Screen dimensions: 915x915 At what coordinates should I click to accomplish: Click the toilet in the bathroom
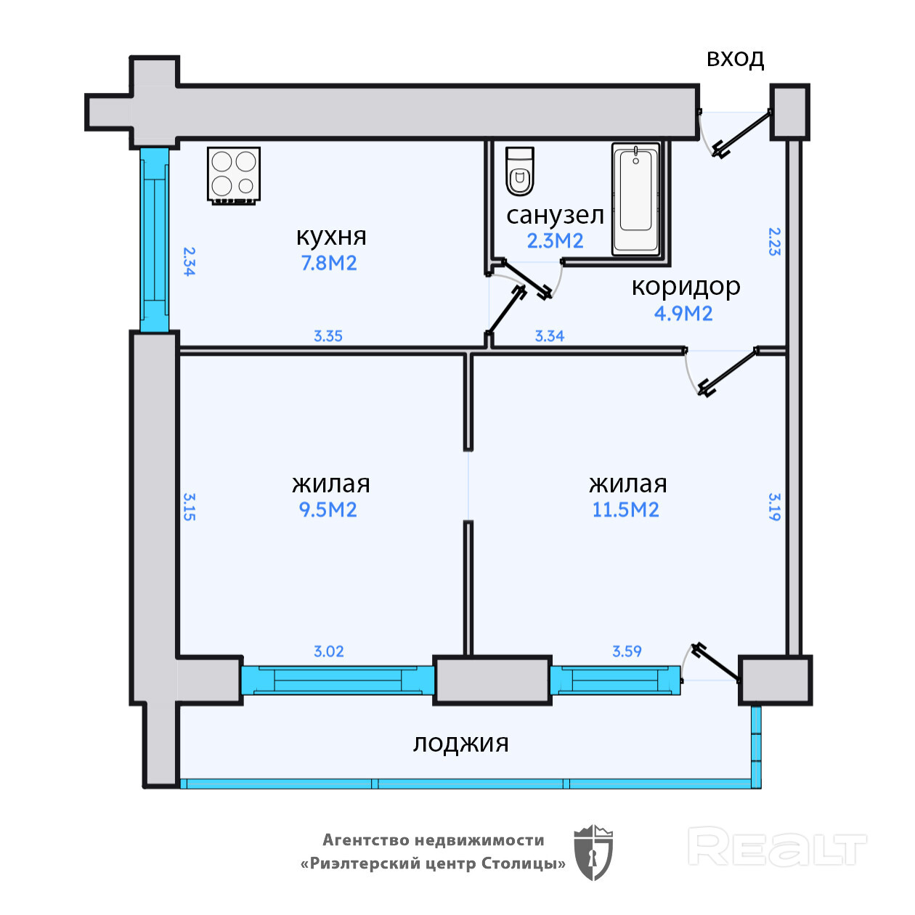click(x=519, y=171)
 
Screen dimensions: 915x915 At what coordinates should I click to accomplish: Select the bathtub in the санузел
click(x=635, y=198)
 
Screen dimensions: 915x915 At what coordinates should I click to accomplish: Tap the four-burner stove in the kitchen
click(x=234, y=175)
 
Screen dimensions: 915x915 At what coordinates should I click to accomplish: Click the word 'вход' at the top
click(x=735, y=59)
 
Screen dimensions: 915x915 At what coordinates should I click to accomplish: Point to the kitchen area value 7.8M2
click(x=328, y=263)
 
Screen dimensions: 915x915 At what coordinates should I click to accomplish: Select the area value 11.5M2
click(x=625, y=510)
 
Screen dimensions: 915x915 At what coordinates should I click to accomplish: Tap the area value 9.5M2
click(x=328, y=510)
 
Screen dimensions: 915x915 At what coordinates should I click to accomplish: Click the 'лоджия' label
click(x=460, y=744)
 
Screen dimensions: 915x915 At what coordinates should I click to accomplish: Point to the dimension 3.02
click(x=328, y=651)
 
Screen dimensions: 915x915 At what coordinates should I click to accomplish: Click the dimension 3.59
click(x=627, y=651)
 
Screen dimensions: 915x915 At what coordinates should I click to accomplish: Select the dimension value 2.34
click(x=190, y=261)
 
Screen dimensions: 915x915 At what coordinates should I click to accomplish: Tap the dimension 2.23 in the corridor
click(x=774, y=242)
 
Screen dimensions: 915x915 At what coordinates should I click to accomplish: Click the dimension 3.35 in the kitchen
click(x=328, y=336)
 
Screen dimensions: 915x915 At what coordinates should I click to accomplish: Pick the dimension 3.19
click(x=774, y=507)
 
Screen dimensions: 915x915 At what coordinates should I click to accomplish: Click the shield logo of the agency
click(x=593, y=853)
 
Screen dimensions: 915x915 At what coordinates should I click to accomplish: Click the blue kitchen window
click(x=155, y=240)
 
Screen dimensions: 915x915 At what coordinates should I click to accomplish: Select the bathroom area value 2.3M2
click(x=555, y=241)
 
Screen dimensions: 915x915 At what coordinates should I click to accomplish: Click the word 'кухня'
click(x=331, y=237)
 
